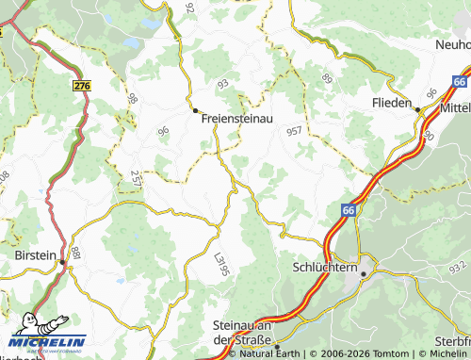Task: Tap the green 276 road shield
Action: click(81, 86)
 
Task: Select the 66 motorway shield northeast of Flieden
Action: click(459, 82)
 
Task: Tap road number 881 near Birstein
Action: click(76, 253)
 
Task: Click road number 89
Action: click(326, 77)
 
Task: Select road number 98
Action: click(132, 99)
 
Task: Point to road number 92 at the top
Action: click(189, 8)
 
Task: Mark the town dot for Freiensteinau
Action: click(196, 111)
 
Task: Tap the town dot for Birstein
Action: click(63, 262)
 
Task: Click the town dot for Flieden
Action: click(417, 109)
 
